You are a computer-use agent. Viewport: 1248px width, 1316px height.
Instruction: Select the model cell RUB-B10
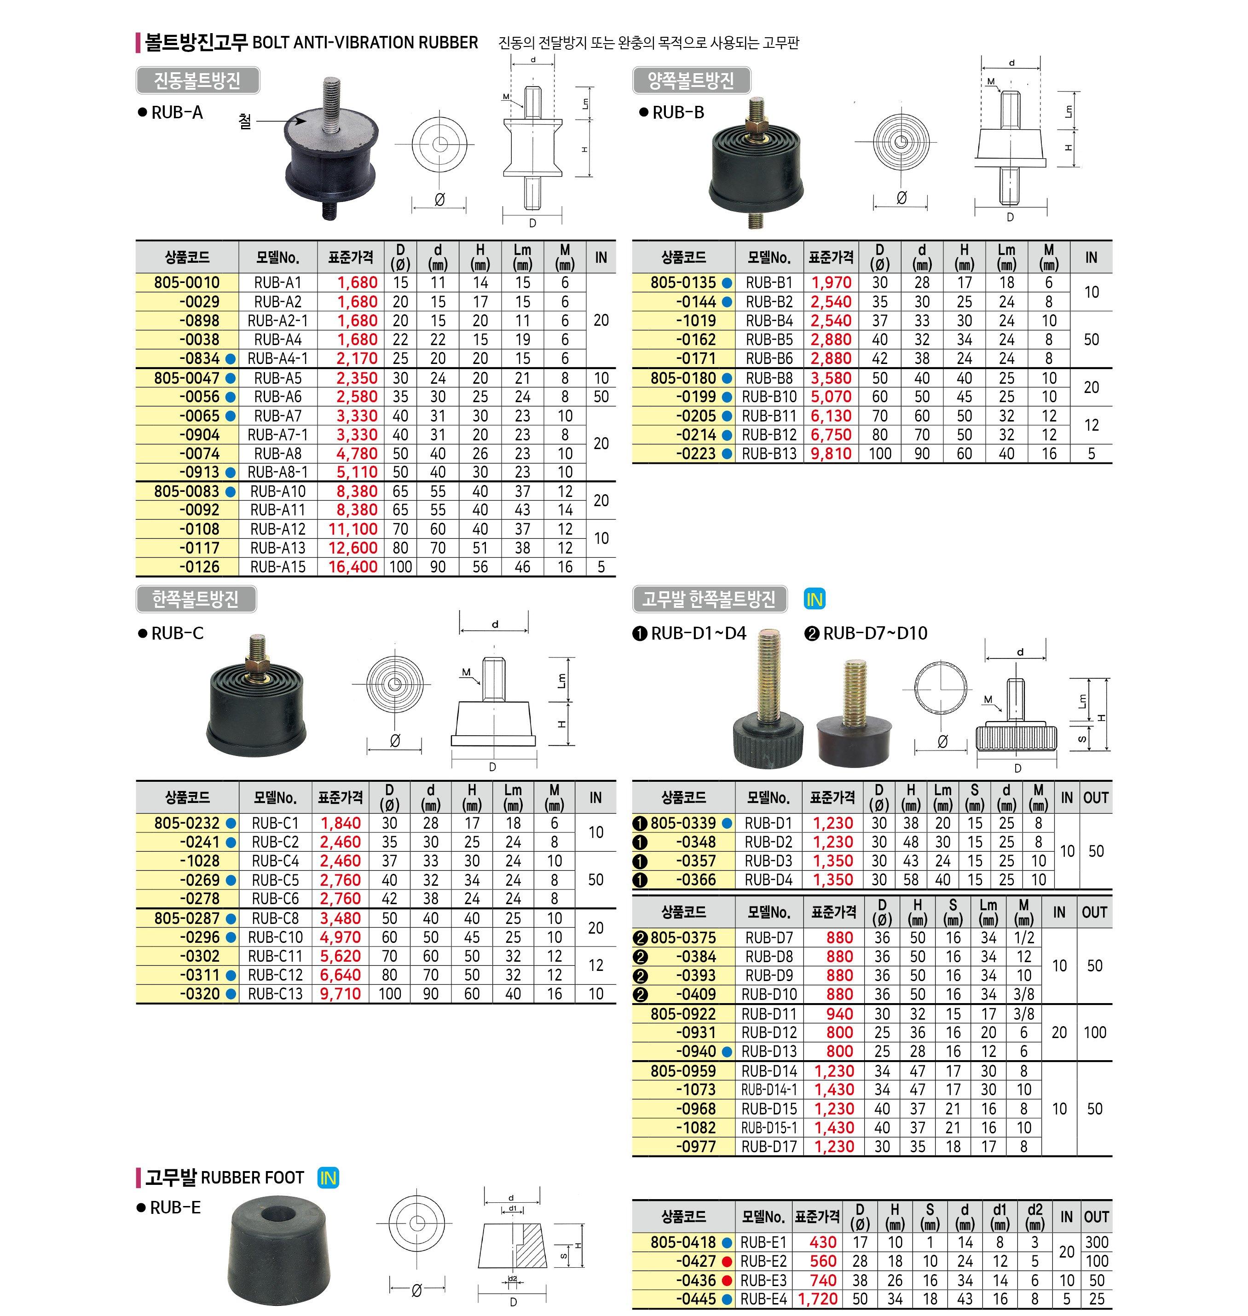click(769, 397)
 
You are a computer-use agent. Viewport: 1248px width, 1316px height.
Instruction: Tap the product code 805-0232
click(186, 823)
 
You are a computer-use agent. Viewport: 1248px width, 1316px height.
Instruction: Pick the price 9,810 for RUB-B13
click(831, 454)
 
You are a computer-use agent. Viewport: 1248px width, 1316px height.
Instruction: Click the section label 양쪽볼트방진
click(691, 81)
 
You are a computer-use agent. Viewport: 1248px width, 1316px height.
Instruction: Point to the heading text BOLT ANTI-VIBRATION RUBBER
click(365, 43)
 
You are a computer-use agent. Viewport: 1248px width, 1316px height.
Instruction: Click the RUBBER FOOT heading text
click(252, 1177)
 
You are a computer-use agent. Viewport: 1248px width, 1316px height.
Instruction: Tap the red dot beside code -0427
click(727, 1261)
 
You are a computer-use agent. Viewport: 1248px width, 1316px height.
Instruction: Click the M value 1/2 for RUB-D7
click(1024, 937)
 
